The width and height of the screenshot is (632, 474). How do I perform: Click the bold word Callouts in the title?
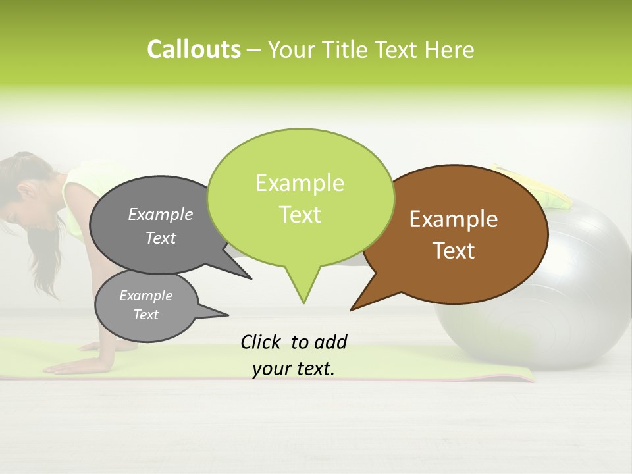pos(194,49)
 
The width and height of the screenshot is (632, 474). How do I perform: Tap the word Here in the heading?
pos(448,50)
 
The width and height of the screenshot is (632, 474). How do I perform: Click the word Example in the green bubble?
pos(300,183)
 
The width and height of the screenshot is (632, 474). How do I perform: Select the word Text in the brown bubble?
pos(454,251)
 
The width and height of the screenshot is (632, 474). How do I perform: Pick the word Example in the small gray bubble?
pos(145,296)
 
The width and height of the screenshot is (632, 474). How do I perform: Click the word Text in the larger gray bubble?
pos(161,238)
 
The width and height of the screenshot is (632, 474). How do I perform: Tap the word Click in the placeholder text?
pos(261,342)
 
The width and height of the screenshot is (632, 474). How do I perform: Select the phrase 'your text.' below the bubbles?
pos(294,369)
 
